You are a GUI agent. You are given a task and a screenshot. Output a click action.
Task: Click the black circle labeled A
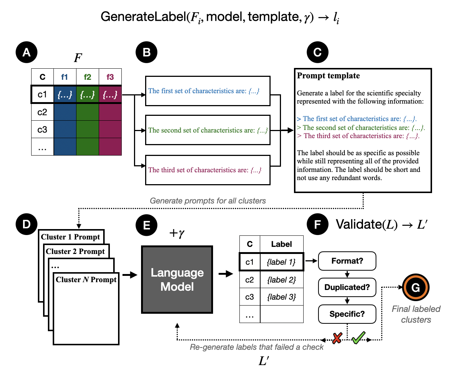[x=26, y=52]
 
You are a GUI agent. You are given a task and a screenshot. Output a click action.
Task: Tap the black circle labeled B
[x=147, y=52]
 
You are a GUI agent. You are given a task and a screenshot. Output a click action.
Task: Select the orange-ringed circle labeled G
[x=416, y=287]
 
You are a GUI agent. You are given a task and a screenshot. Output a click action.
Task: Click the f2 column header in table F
[x=88, y=77]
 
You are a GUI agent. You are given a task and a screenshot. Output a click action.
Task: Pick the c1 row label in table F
[x=42, y=95]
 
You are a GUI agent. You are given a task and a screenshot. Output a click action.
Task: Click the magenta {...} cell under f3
[x=110, y=95]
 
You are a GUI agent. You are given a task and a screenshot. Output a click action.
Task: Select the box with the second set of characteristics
[x=207, y=130]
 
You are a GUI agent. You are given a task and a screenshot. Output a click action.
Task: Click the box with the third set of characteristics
[x=207, y=170]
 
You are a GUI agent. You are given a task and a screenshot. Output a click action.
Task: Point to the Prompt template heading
[x=328, y=76]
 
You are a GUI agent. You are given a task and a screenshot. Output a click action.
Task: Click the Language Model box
[x=177, y=280]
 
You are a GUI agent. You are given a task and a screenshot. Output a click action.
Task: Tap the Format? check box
[x=347, y=261]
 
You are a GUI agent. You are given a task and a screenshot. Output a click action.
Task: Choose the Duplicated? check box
[x=347, y=287]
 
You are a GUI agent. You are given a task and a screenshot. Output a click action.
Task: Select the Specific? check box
[x=347, y=314]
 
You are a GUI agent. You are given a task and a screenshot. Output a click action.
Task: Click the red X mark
[x=337, y=338]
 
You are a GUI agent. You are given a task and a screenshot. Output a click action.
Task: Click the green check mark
[x=358, y=337]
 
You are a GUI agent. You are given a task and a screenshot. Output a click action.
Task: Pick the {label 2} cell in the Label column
[x=281, y=280]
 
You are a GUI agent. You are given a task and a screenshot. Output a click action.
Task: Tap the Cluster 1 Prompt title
[x=71, y=237]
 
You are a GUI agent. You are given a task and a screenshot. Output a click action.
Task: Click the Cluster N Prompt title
[x=86, y=280]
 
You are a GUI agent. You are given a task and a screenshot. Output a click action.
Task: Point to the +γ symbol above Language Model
[x=177, y=233]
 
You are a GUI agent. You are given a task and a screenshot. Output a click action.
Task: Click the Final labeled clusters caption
[x=416, y=314]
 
